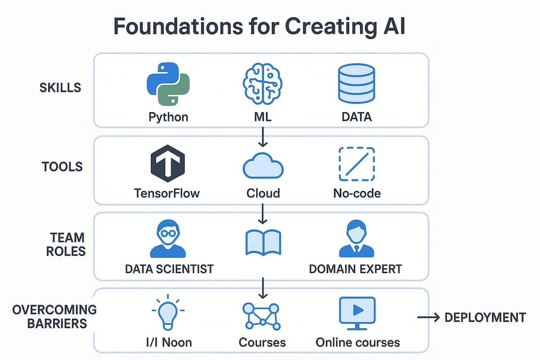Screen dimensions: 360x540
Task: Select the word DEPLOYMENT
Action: point(485,317)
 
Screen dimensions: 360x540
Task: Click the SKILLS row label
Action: point(60,87)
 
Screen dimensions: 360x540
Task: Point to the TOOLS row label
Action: point(63,167)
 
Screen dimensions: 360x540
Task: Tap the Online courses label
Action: point(358,342)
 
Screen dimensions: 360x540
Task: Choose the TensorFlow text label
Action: point(167,193)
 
